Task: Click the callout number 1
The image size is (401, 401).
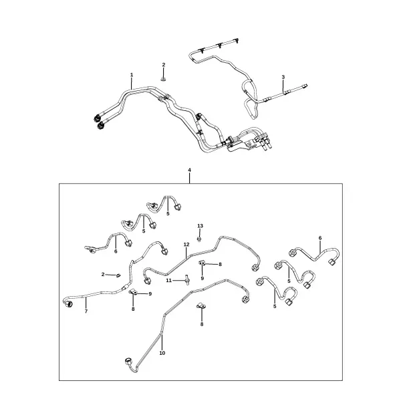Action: (x=132, y=75)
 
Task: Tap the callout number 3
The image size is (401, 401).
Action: (x=283, y=77)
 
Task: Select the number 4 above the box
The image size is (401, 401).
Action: (x=190, y=170)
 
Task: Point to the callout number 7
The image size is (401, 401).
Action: (x=86, y=311)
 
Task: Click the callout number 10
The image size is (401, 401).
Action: (x=162, y=353)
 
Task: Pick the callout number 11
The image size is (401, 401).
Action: (x=169, y=281)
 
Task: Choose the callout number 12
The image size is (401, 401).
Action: (x=186, y=245)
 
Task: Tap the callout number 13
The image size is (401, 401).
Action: (x=200, y=226)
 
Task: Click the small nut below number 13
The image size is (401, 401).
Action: (x=199, y=239)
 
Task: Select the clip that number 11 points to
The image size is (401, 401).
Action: (x=187, y=279)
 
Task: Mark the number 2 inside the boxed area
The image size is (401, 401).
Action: (x=103, y=275)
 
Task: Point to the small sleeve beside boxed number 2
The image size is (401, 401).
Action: (x=118, y=275)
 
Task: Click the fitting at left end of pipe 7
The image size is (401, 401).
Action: (x=69, y=304)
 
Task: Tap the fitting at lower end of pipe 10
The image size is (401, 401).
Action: (x=128, y=362)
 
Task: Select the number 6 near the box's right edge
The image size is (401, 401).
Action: (x=320, y=238)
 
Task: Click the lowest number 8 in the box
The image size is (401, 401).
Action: (x=202, y=324)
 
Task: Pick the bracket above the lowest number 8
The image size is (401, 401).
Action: (x=200, y=305)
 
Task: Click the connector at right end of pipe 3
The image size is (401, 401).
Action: (x=304, y=86)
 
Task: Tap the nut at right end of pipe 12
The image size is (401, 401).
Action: (x=255, y=268)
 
